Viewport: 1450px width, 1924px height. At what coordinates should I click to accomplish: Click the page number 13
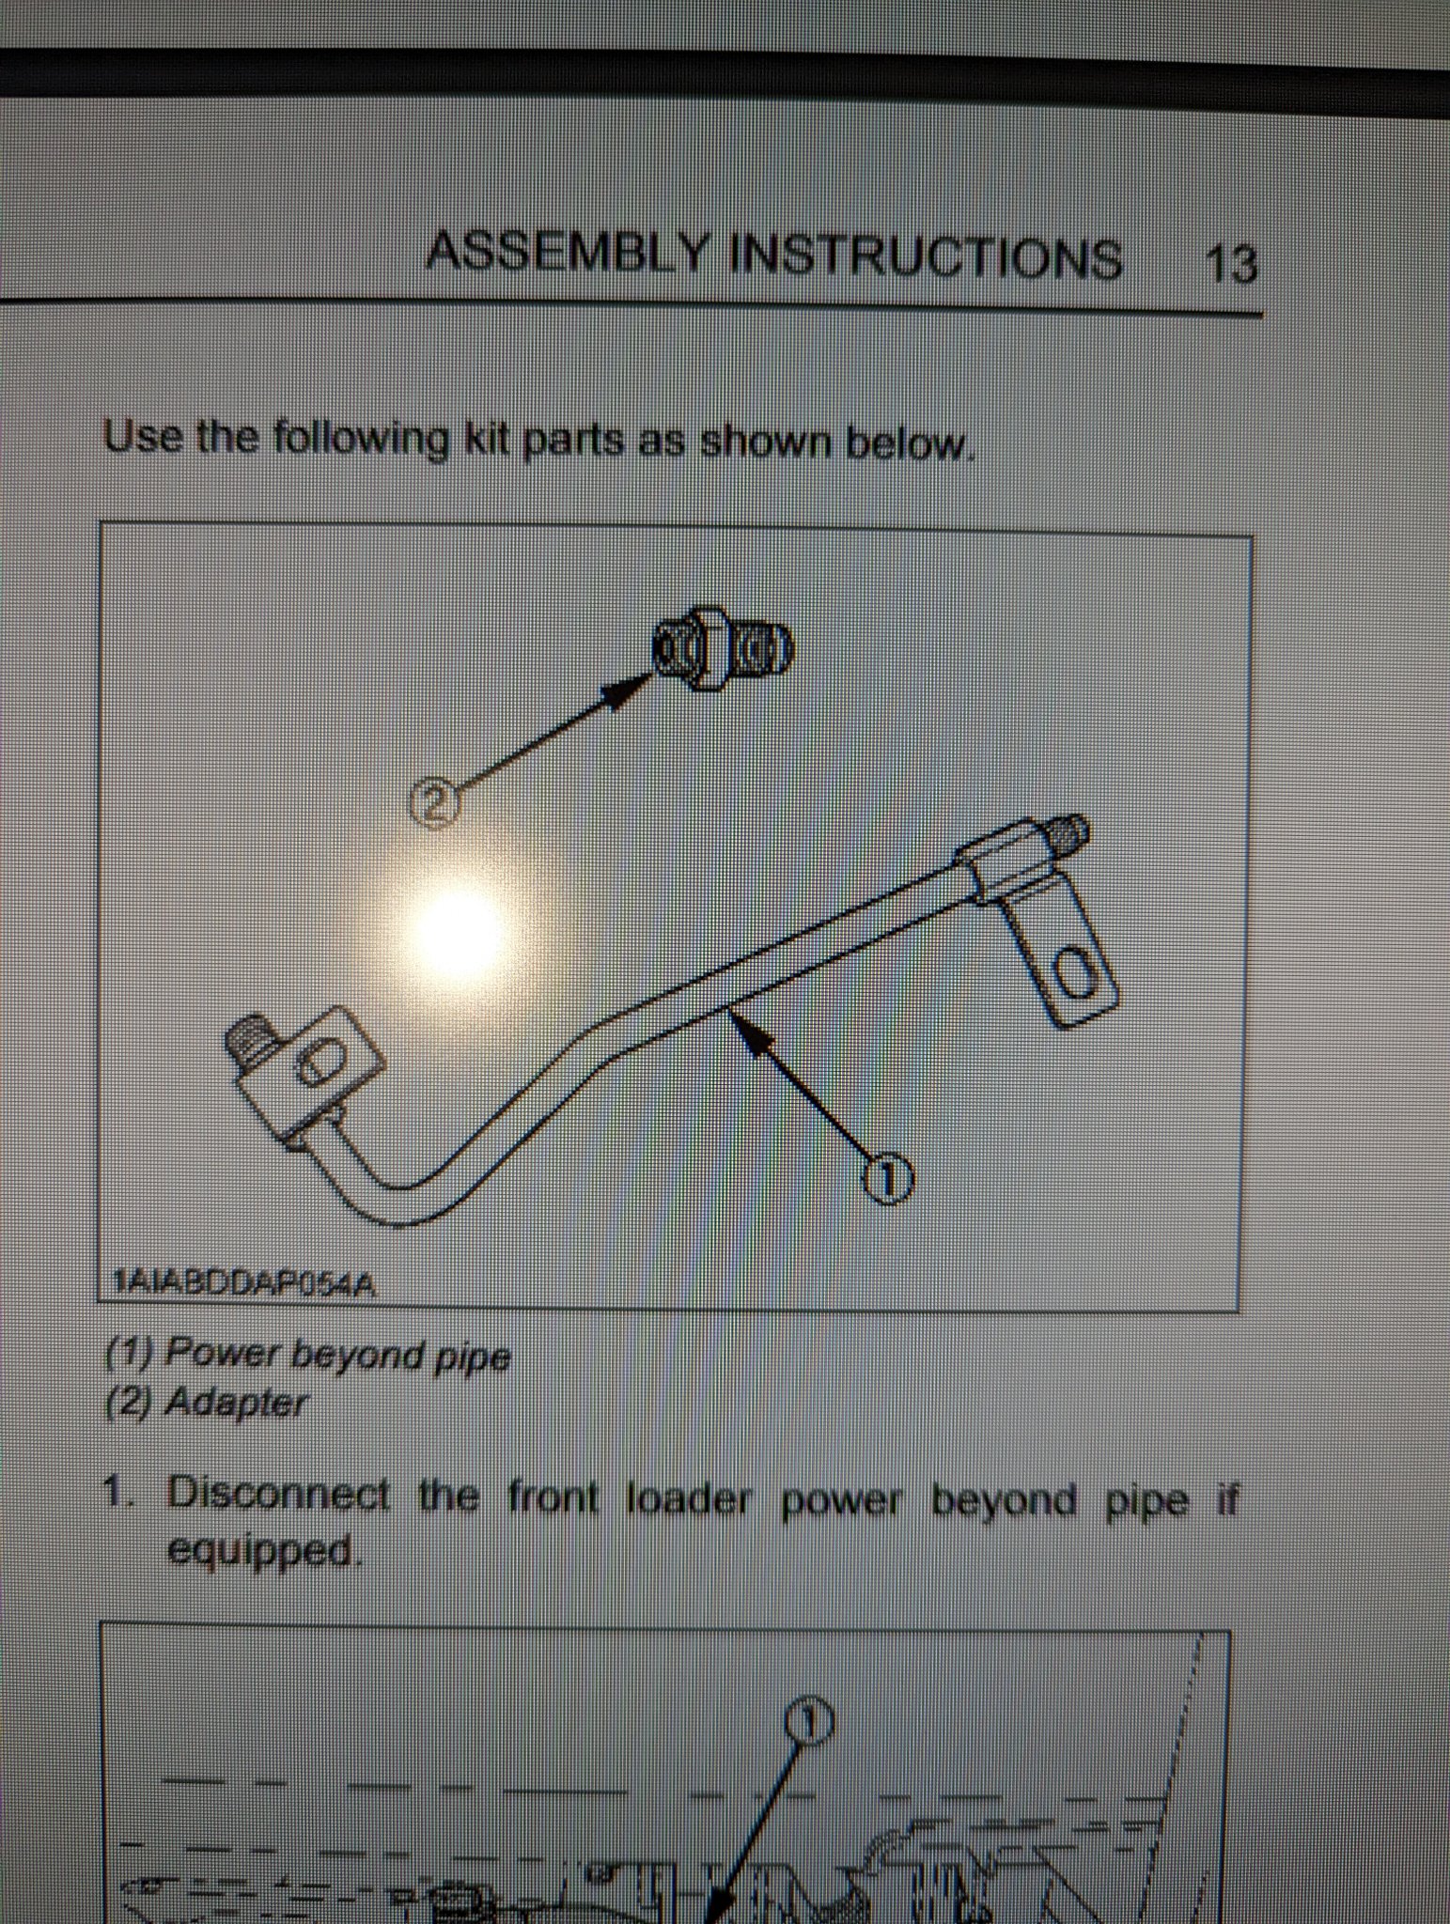(1230, 264)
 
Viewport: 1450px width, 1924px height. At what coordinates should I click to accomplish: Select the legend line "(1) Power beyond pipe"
(307, 1355)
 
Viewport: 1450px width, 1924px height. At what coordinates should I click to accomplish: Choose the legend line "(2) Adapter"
(206, 1403)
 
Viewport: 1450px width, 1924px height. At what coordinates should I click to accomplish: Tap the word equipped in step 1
(262, 1554)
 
